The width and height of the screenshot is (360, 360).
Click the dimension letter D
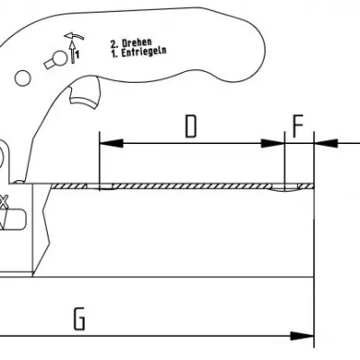(x=191, y=126)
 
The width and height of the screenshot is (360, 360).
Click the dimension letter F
(x=298, y=125)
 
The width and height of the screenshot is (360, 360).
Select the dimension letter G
(x=79, y=319)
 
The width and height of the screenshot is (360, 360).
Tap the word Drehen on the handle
(x=137, y=42)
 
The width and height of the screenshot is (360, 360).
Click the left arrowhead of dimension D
(x=111, y=143)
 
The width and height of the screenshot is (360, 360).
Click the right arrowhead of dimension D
(x=273, y=143)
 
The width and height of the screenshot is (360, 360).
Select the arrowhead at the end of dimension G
(x=302, y=336)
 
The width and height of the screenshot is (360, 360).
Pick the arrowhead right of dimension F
(x=326, y=143)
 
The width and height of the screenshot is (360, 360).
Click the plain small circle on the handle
(x=22, y=78)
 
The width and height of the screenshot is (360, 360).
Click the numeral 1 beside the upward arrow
(x=77, y=55)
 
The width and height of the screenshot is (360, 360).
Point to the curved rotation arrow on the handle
(x=74, y=36)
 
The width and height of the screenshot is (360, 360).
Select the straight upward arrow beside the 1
(x=72, y=51)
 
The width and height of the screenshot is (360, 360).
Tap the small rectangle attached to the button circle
(x=49, y=64)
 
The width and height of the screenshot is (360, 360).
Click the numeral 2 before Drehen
(x=113, y=44)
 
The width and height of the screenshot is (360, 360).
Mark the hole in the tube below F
(x=284, y=188)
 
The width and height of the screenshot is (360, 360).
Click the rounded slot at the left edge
(x=14, y=220)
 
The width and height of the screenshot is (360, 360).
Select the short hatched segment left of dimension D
(x=69, y=186)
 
